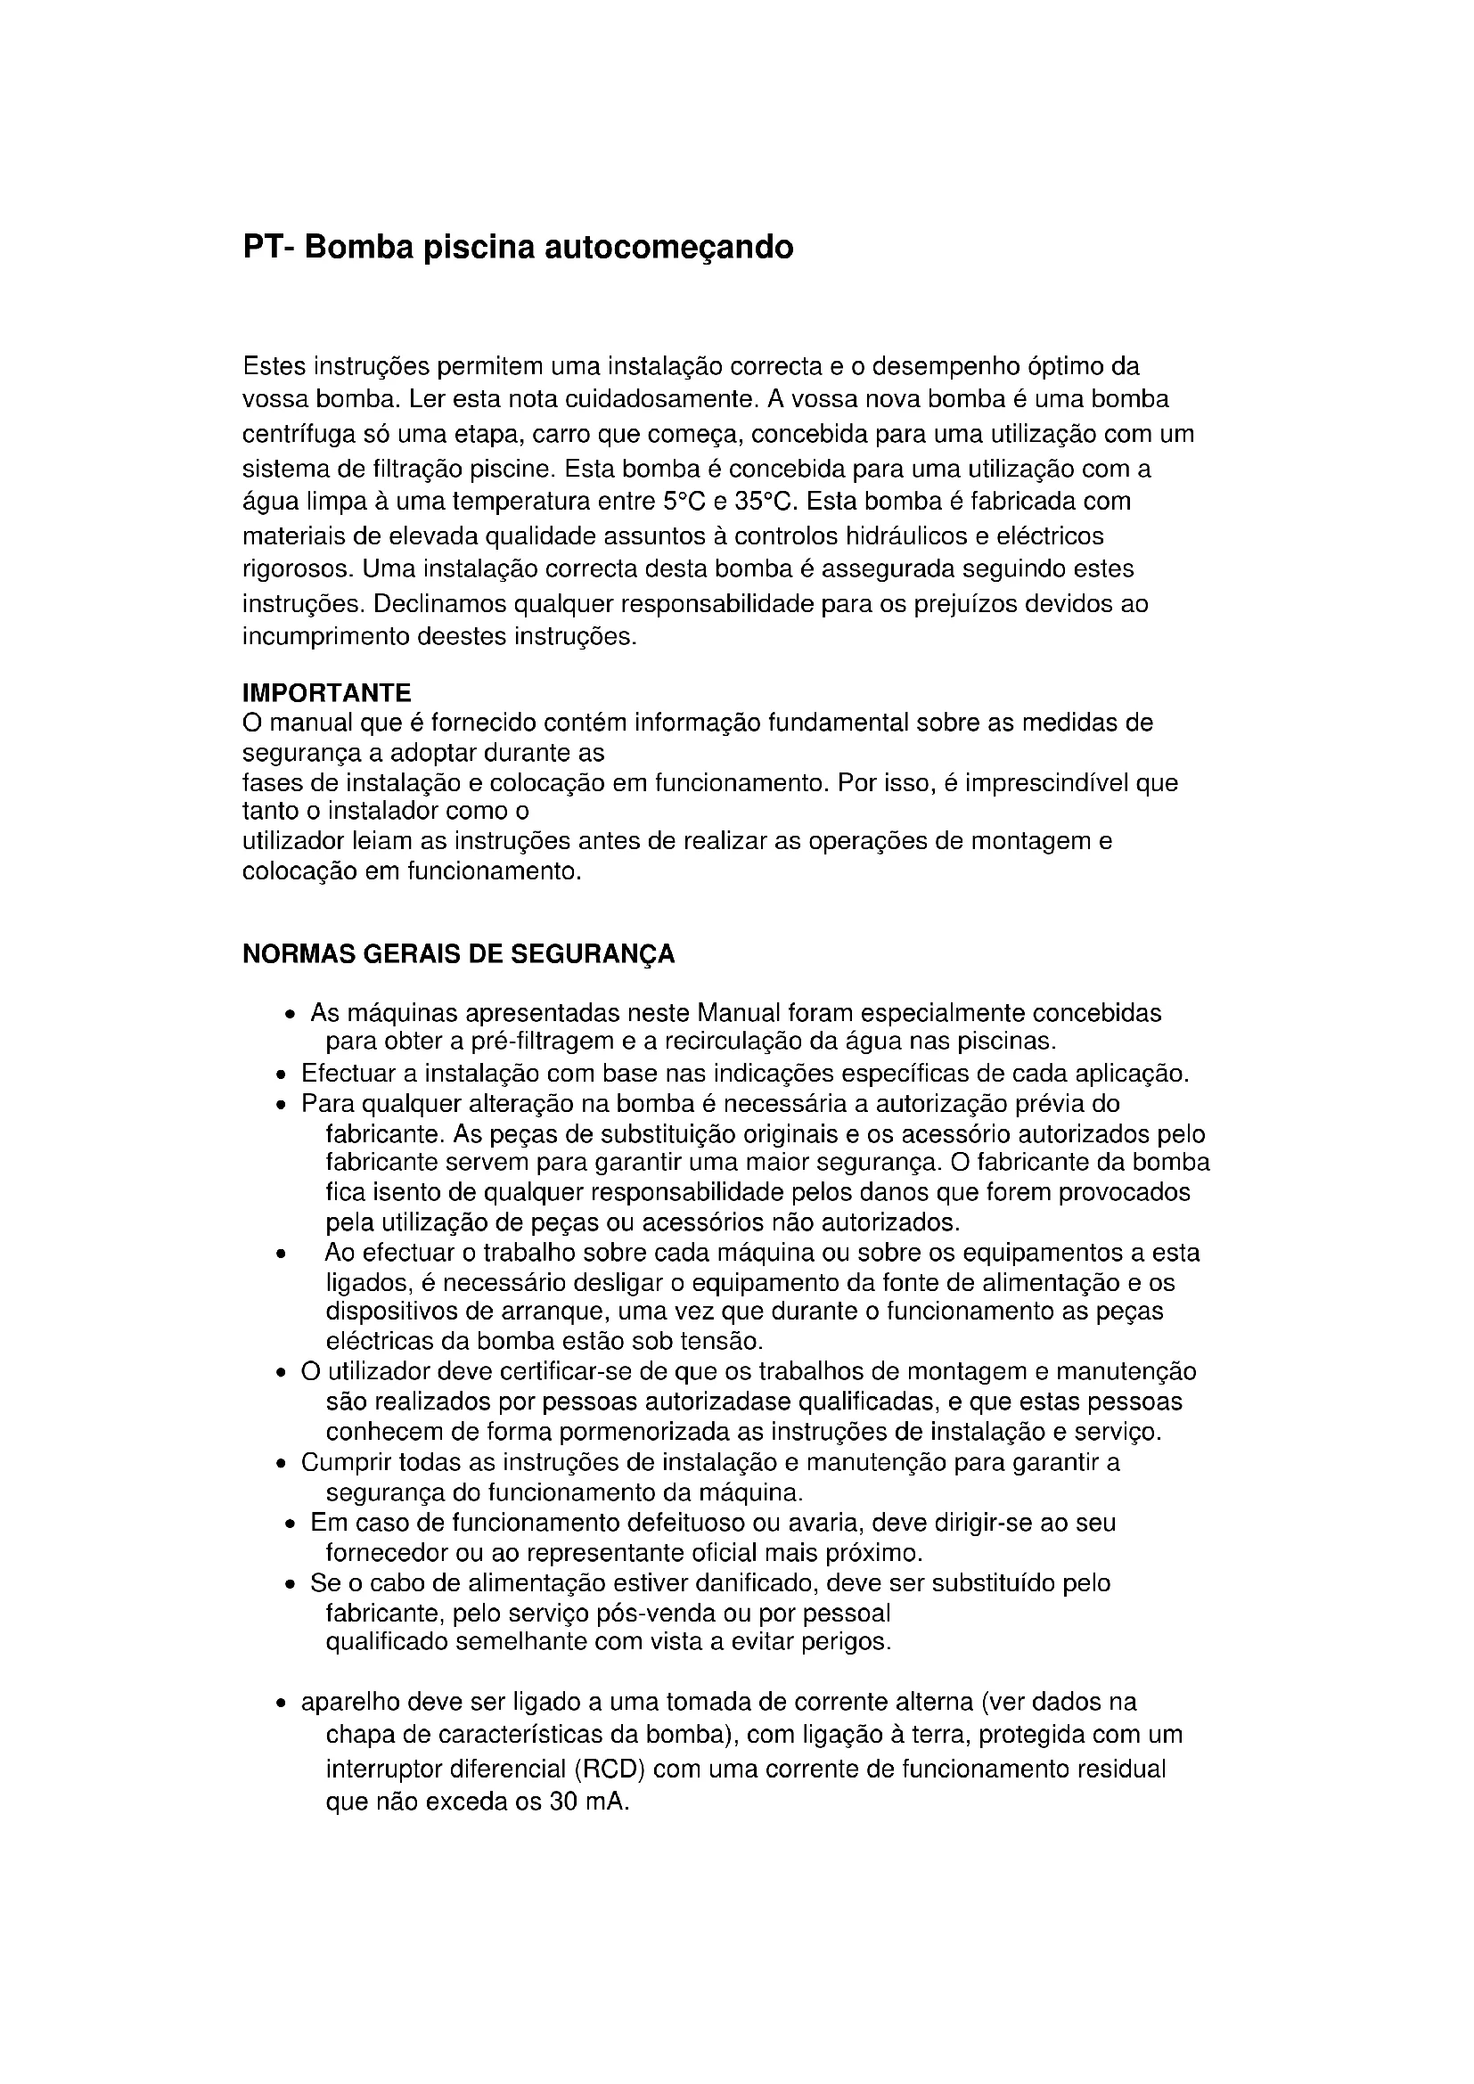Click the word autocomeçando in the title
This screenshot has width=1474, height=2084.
click(x=668, y=247)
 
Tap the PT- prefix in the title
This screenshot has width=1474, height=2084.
click(x=268, y=247)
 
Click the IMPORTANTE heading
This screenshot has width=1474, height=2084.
click(x=327, y=693)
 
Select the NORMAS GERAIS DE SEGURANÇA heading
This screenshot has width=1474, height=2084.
click(x=458, y=955)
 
